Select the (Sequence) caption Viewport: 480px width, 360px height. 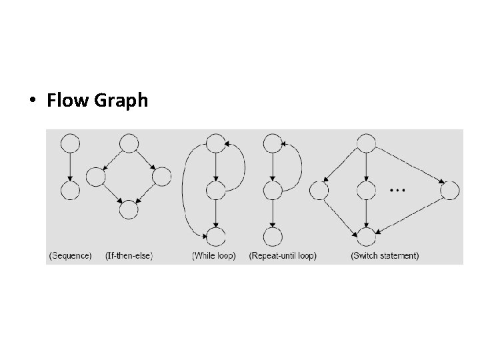click(71, 255)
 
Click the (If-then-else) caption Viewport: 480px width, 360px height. click(129, 255)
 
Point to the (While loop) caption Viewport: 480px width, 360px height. click(214, 255)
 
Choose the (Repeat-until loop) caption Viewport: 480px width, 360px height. click(283, 255)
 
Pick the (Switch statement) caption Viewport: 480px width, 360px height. click(385, 255)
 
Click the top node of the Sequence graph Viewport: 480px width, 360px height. click(69, 143)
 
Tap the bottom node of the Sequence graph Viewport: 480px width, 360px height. click(69, 191)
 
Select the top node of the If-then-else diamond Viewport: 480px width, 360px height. click(129, 143)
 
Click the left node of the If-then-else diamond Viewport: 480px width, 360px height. click(95, 177)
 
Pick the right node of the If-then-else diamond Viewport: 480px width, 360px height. click(162, 177)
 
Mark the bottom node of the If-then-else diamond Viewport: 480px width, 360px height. click(129, 210)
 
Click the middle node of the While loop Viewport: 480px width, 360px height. click(215, 191)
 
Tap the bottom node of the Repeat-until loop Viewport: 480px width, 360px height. click(273, 236)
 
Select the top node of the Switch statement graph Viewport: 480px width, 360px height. click(366, 143)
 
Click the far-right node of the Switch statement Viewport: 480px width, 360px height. click(451, 191)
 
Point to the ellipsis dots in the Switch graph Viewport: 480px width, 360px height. click(397, 191)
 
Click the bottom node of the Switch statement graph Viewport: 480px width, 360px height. click(366, 236)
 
